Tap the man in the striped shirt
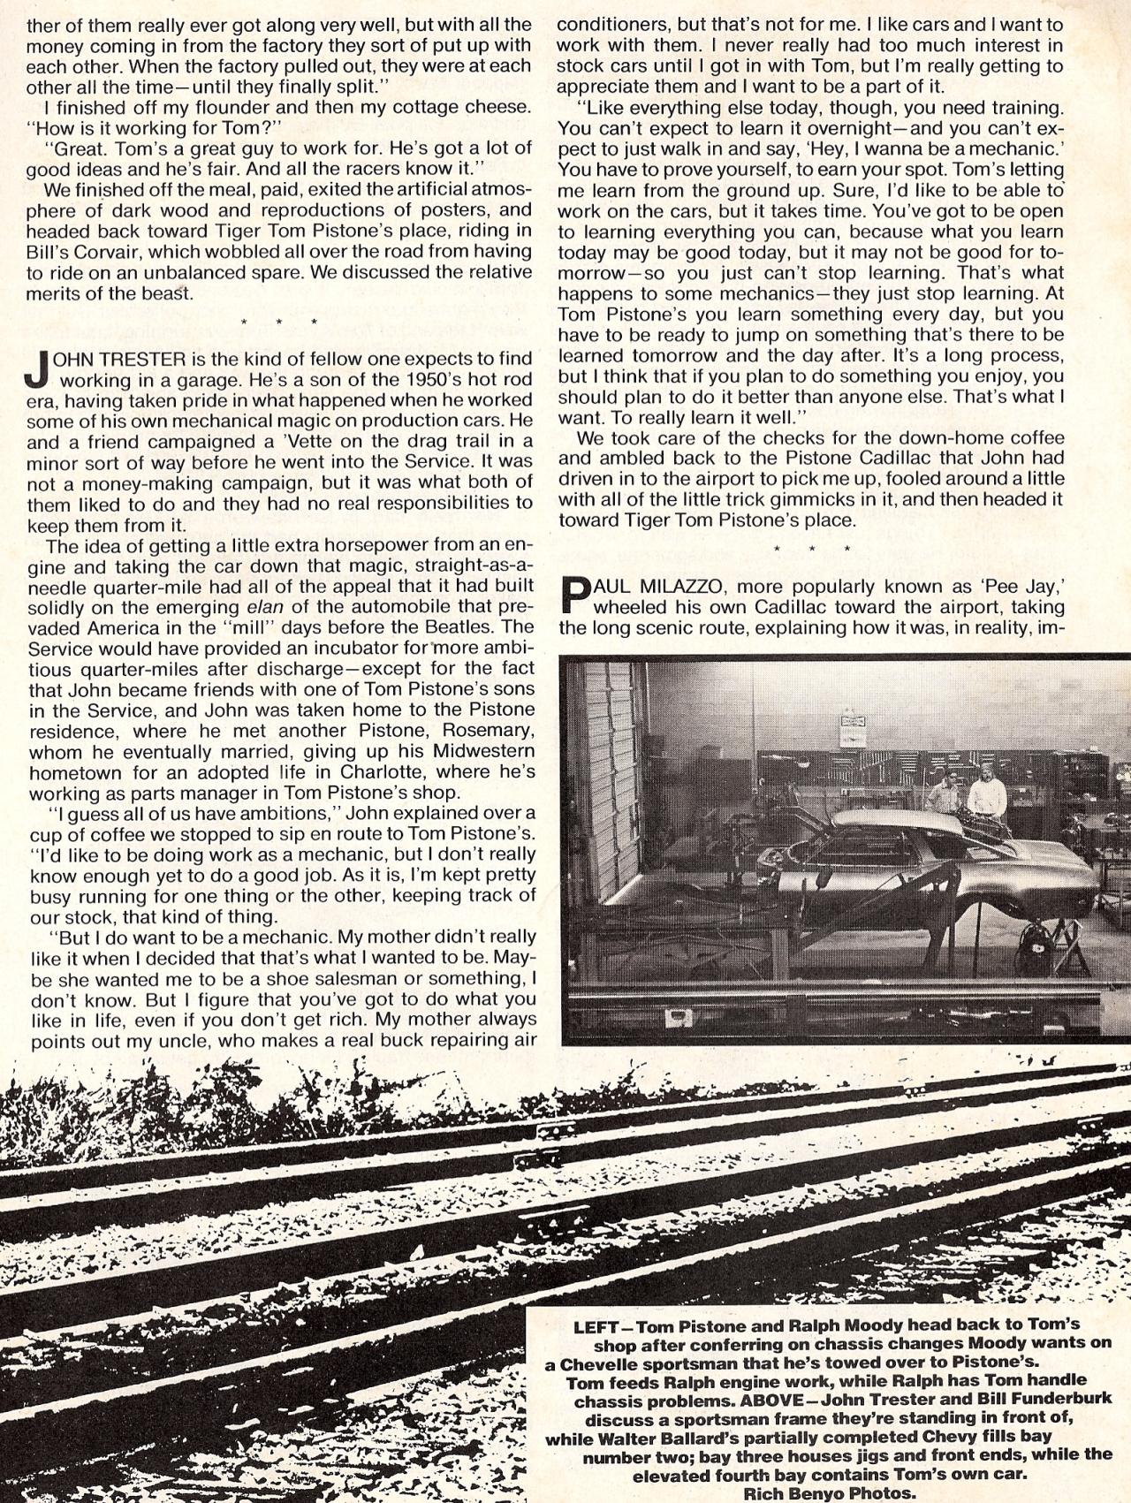tap(944, 795)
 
